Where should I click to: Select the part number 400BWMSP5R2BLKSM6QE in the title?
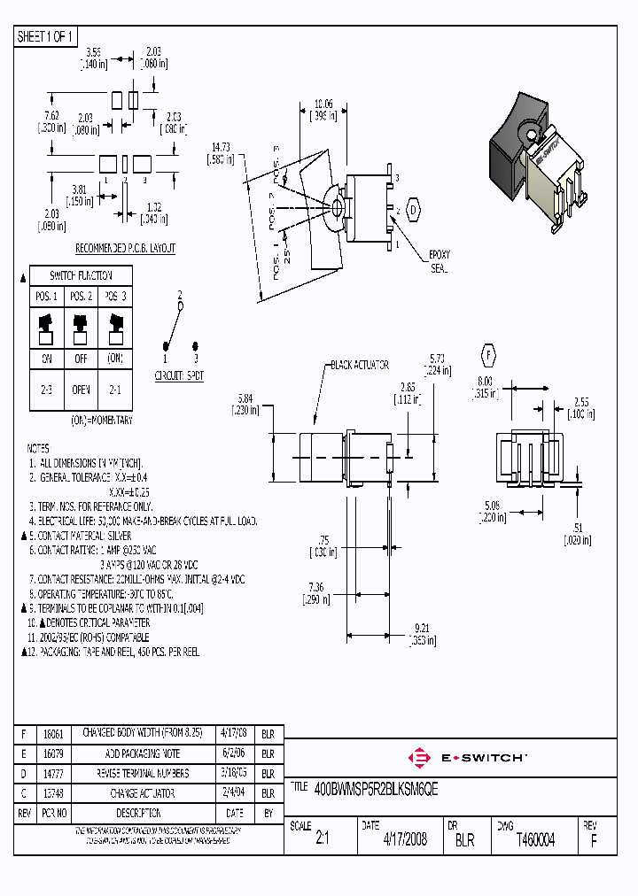point(377,786)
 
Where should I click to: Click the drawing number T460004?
point(535,839)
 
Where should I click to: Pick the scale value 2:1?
point(321,839)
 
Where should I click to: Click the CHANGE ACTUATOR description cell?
point(143,794)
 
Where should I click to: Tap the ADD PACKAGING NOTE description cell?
point(143,753)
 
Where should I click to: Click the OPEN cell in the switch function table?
point(82,390)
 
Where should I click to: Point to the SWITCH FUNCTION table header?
point(82,275)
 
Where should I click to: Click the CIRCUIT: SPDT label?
point(181,375)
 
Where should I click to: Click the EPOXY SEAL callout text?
point(440,260)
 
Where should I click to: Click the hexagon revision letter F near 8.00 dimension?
point(486,356)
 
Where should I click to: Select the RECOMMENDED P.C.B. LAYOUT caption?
point(125,249)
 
